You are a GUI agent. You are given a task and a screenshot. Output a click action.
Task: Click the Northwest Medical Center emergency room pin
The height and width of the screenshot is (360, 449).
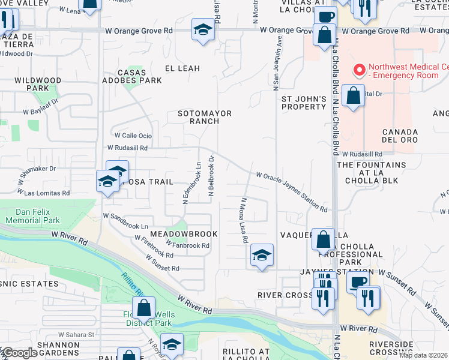(360, 71)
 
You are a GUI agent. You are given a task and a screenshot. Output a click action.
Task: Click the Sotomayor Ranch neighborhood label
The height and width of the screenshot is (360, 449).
(205, 116)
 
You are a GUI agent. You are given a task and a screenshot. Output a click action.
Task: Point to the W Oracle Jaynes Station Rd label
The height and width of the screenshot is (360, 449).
(292, 192)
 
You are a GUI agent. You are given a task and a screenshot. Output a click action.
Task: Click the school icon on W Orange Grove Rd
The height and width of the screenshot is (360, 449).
(203, 29)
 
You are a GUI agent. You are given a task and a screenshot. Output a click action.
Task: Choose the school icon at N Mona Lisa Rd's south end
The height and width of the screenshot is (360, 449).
(262, 255)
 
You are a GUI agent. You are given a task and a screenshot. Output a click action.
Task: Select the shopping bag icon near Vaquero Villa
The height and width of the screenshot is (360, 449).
(323, 239)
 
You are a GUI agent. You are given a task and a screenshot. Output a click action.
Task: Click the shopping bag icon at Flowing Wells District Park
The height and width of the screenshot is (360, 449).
(144, 309)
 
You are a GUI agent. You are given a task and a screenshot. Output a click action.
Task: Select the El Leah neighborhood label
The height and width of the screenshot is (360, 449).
(182, 68)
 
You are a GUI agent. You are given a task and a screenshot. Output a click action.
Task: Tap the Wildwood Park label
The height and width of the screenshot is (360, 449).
(38, 83)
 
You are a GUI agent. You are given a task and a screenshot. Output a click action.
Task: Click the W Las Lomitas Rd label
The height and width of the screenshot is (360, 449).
(46, 193)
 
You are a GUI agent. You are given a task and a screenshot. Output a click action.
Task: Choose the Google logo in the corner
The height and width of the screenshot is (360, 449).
(20, 353)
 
